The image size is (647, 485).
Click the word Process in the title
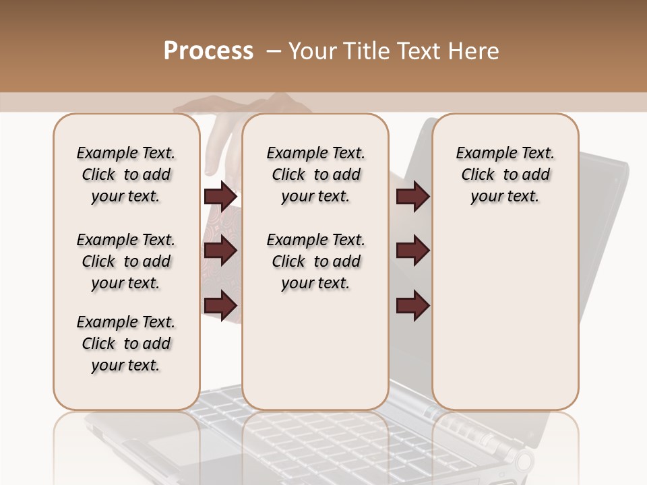point(208,51)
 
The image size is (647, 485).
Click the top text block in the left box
point(126,174)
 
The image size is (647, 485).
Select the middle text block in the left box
point(126,261)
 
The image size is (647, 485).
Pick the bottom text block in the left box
point(126,344)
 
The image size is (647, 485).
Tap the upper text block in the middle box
point(315,174)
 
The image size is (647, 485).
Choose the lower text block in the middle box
point(315,261)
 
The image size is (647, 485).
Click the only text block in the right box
point(505,174)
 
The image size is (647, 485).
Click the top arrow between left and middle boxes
point(220,197)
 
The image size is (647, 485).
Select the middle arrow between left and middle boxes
point(220,251)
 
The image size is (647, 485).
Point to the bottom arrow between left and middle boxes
point(220,306)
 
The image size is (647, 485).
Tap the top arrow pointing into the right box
point(412,197)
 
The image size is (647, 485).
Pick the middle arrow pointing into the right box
point(412,251)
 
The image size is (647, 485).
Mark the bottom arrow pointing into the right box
point(412,306)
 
